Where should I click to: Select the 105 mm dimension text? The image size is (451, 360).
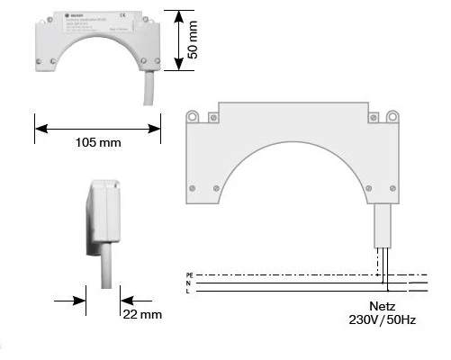tap(96, 143)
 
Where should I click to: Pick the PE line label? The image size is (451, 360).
tap(189, 273)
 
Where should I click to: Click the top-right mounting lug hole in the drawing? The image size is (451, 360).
tap(392, 115)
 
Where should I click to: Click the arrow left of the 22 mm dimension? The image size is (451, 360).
tap(79, 301)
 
